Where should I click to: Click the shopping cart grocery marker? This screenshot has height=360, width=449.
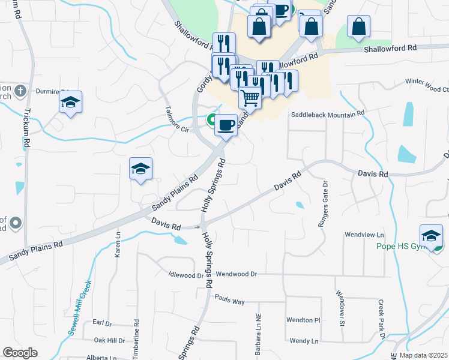click(250, 97)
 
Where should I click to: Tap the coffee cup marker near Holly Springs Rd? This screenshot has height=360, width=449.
click(226, 125)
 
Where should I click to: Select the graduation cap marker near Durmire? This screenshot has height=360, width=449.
click(70, 102)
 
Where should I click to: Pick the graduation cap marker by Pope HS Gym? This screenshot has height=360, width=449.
click(431, 235)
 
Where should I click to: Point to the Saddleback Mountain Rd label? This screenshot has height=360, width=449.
click(328, 114)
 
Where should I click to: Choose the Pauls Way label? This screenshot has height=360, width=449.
click(228, 298)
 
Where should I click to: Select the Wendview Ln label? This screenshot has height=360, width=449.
click(364, 235)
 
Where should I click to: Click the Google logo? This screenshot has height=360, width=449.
click(20, 353)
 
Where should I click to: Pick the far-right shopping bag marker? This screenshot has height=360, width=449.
click(358, 26)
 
